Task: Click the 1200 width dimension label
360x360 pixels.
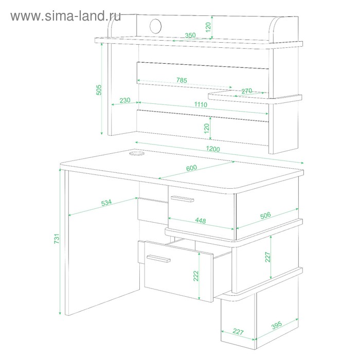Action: click(213, 149)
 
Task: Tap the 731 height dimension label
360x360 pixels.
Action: click(57, 239)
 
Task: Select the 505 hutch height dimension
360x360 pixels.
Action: click(99, 90)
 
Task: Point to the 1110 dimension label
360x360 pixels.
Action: click(201, 104)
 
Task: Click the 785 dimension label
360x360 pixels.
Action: click(182, 80)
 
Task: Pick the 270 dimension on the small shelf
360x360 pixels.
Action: click(246, 91)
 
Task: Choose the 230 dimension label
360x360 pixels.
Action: click(125, 100)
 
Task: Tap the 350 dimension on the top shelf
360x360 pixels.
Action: click(190, 35)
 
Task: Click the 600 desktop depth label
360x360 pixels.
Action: click(191, 168)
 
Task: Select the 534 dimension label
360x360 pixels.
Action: click(106, 203)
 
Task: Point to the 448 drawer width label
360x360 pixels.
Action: click(201, 221)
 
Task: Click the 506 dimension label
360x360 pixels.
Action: click(265, 215)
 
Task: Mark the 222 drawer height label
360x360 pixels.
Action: click(196, 276)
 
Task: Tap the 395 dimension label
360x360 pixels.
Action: click(277, 325)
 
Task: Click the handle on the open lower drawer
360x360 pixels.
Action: click(158, 258)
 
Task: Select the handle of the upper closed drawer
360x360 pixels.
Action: click(182, 199)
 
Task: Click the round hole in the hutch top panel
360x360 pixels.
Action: click(155, 26)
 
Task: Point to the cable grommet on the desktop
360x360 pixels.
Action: click(137, 153)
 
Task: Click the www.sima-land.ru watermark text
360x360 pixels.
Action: click(66, 16)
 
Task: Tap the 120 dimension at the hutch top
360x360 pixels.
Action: click(208, 27)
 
